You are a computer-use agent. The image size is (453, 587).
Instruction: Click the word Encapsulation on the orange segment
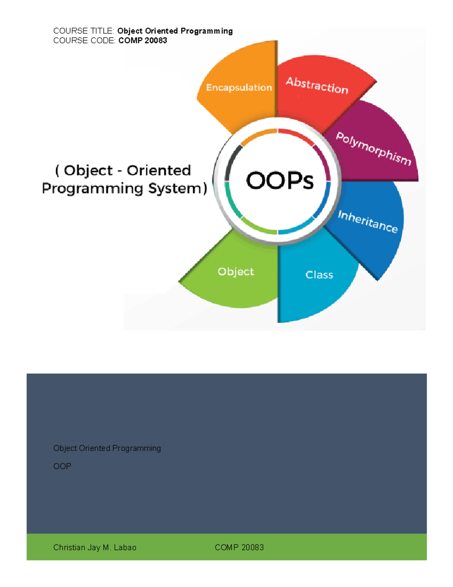[x=239, y=88]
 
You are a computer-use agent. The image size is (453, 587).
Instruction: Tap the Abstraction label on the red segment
[x=317, y=85]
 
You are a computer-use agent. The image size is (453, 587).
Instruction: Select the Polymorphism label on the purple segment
[x=373, y=149]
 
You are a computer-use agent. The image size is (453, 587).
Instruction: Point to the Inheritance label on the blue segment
[x=368, y=221]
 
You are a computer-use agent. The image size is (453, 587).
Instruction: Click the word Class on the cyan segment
[x=319, y=275]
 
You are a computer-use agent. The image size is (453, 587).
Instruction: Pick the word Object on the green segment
[x=236, y=272]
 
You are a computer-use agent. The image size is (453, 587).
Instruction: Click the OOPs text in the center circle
[x=279, y=180]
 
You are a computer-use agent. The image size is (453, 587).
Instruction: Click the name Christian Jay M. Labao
[x=95, y=547]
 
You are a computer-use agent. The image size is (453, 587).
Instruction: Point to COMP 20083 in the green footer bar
[x=239, y=547]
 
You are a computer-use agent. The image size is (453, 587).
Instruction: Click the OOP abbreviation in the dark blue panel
[x=62, y=466]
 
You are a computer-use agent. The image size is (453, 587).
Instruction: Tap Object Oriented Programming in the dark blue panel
[x=107, y=448]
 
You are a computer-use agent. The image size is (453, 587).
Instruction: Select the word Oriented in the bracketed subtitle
[x=159, y=170]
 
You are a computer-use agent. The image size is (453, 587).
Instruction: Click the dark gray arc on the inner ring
[x=232, y=163]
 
